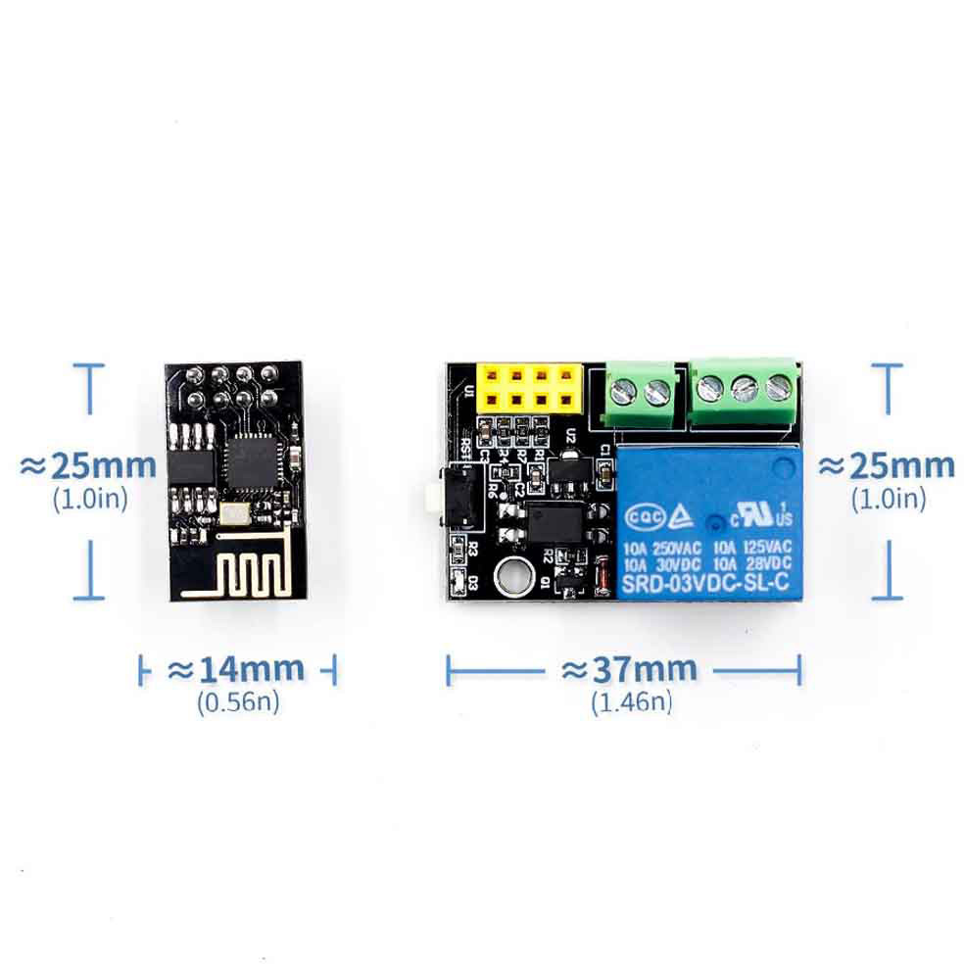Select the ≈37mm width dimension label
pyautogui.click(x=629, y=670)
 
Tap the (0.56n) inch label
pyautogui.click(x=238, y=701)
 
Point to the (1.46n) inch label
pyautogui.click(x=631, y=701)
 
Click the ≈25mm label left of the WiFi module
pyautogui.click(x=88, y=464)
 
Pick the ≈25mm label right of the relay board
pyautogui.click(x=887, y=464)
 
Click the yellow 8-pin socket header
pyautogui.click(x=525, y=387)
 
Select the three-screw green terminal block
pyautogui.click(x=744, y=388)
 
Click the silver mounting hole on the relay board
pyautogui.click(x=509, y=578)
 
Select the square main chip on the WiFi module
pyautogui.click(x=249, y=463)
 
